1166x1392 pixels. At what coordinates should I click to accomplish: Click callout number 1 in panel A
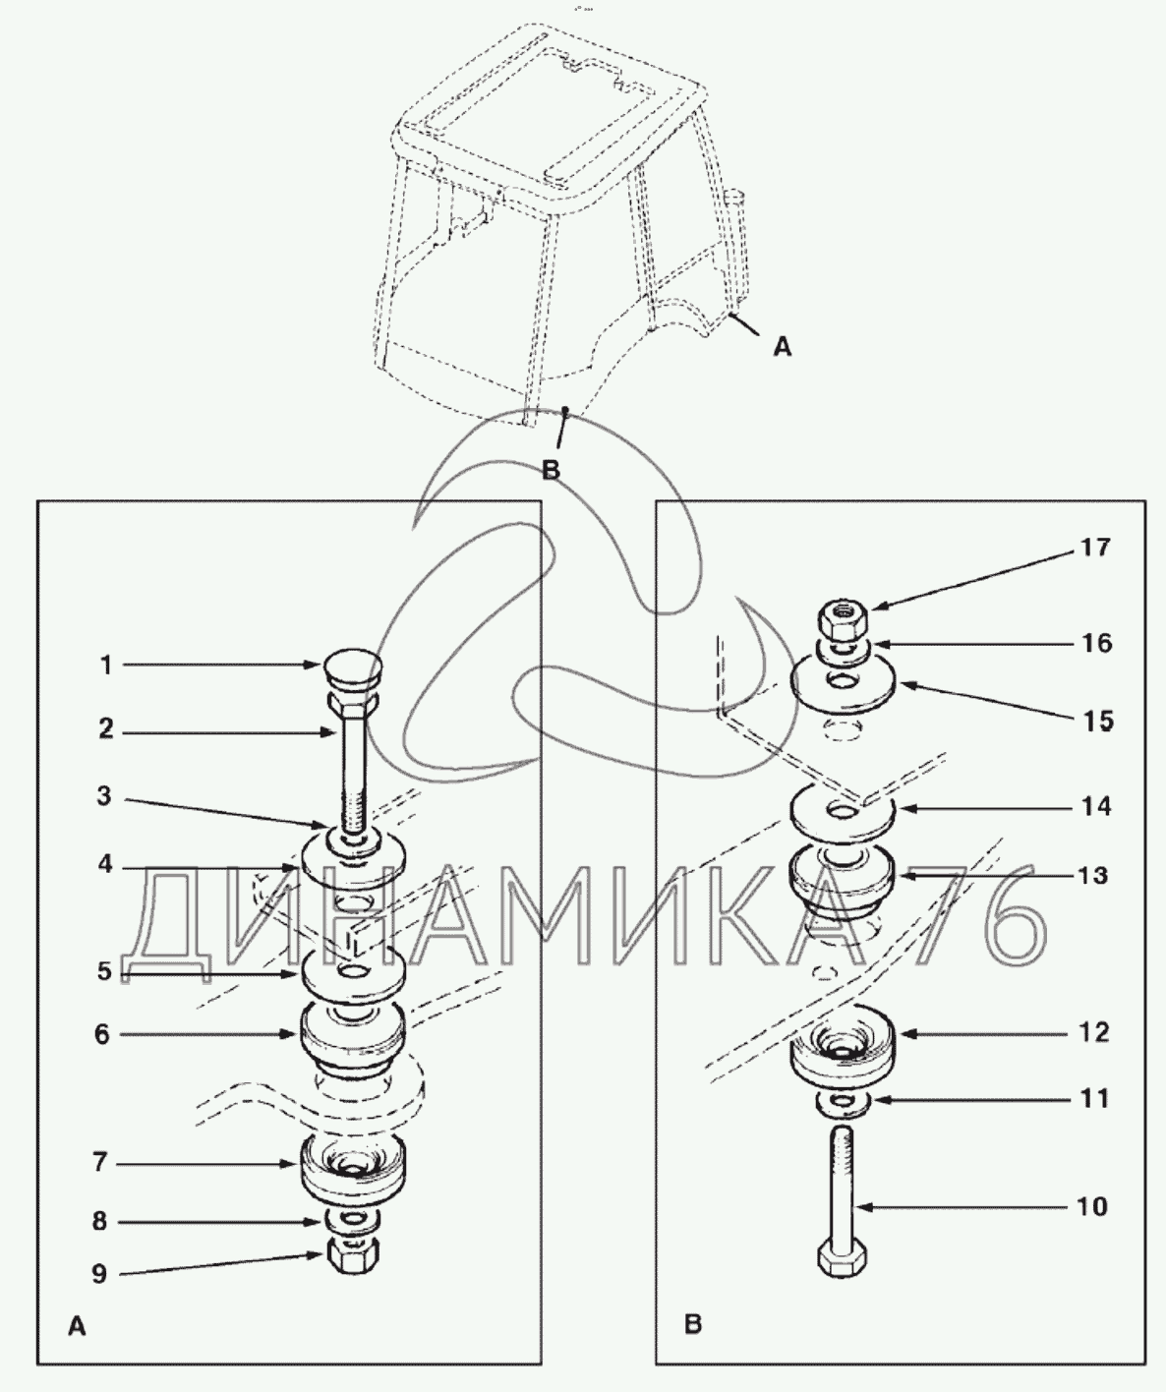coord(106,666)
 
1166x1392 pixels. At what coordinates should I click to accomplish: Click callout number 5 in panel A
coord(104,972)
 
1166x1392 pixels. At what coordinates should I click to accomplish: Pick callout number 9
coord(98,1274)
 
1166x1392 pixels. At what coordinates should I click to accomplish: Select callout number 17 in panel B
coord(1095,548)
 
